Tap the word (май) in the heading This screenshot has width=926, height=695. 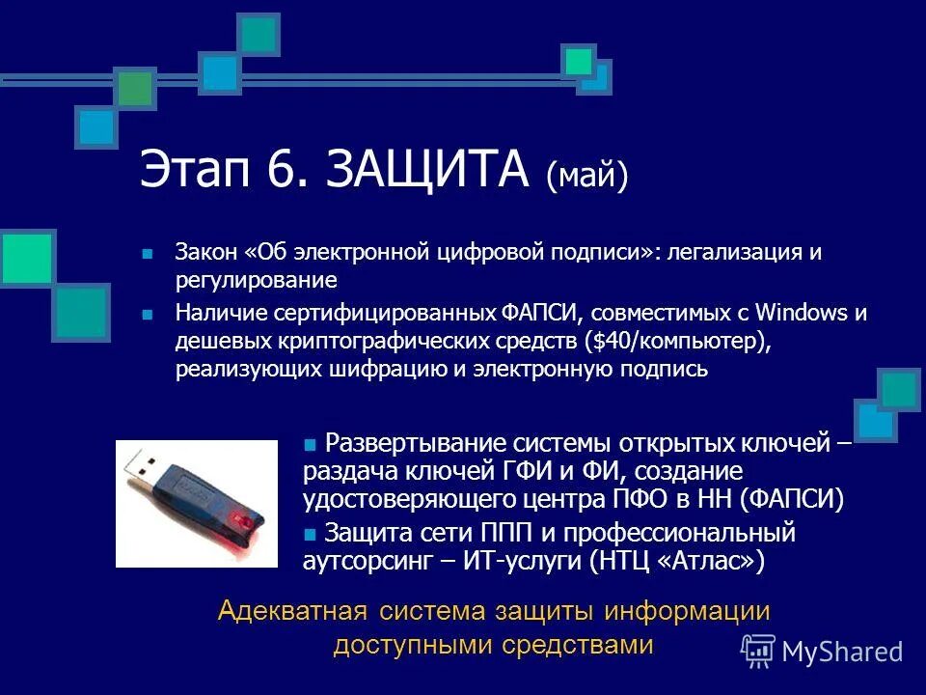586,176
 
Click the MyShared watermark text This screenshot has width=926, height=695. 842,652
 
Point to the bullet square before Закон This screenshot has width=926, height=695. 148,254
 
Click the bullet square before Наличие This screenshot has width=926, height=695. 148,315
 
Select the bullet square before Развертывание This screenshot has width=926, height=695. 311,445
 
